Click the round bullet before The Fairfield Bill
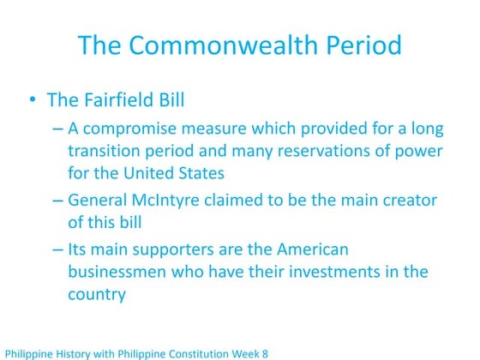tap(32, 101)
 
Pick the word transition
tap(106, 151)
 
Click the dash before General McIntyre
tap(57, 201)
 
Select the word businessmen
tap(119, 273)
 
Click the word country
tap(97, 295)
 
